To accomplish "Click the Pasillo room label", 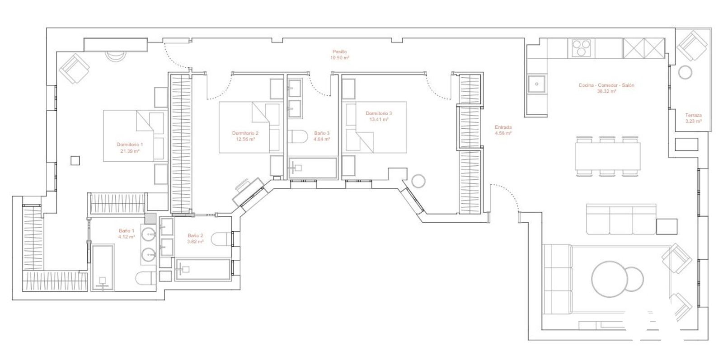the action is (339, 51).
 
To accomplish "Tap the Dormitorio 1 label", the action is (130, 145).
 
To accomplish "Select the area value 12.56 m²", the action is (245, 140).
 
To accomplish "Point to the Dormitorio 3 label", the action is (379, 113).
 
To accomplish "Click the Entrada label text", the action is (503, 127).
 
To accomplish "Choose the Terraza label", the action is (694, 115).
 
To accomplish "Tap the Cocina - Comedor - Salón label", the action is (606, 85).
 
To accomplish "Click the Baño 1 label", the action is (127, 231).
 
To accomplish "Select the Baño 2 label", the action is (195, 236).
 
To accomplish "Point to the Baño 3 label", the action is (322, 133).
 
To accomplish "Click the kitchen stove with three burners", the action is (581, 48).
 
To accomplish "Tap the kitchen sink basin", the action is (536, 84).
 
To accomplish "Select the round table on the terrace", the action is (685, 72).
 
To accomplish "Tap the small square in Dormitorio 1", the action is (75, 161).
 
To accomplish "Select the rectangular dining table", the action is (608, 157).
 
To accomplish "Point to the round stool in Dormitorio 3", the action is (418, 181).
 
